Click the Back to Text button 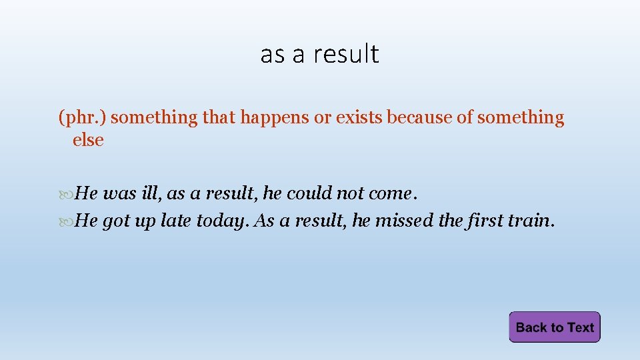(x=555, y=327)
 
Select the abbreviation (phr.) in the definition (x=83, y=118)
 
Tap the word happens (x=271, y=118)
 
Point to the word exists (x=359, y=118)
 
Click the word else (x=88, y=141)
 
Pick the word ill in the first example (x=150, y=193)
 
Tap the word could (x=309, y=193)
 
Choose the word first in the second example (x=476, y=221)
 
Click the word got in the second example (x=116, y=221)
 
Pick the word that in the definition (x=219, y=118)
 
